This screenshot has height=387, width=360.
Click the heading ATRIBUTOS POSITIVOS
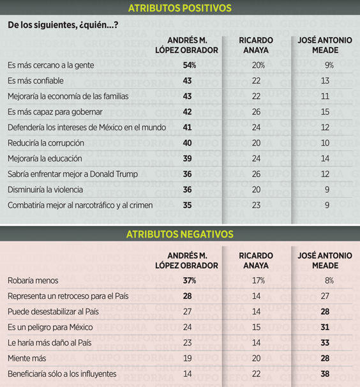point(180,8)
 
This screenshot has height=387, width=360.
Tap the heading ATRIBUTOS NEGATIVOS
point(180,234)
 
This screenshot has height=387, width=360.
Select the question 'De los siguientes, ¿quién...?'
point(63,25)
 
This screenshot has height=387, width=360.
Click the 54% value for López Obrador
point(190,65)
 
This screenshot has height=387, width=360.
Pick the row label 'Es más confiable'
point(36,80)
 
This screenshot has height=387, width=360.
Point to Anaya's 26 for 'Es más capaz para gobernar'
point(256,112)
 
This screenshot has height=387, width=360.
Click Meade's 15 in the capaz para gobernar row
point(325,112)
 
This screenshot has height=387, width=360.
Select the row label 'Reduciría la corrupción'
point(46,143)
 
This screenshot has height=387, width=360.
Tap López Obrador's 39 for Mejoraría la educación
point(187,158)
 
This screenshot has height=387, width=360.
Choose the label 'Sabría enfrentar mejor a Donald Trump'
point(73,174)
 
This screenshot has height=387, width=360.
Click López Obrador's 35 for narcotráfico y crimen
point(187,205)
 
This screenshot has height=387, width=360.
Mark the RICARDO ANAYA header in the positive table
point(256,45)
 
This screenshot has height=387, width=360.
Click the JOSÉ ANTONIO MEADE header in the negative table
point(325,261)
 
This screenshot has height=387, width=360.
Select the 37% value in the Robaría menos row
point(190,280)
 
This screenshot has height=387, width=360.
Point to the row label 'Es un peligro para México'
point(50,327)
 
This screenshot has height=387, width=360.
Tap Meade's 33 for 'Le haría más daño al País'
point(325,342)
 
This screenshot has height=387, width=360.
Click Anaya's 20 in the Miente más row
point(256,358)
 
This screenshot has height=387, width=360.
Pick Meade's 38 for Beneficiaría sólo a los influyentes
point(325,374)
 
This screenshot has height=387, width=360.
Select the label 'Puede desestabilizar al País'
point(53,312)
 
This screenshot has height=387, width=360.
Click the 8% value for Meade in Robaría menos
point(329,280)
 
